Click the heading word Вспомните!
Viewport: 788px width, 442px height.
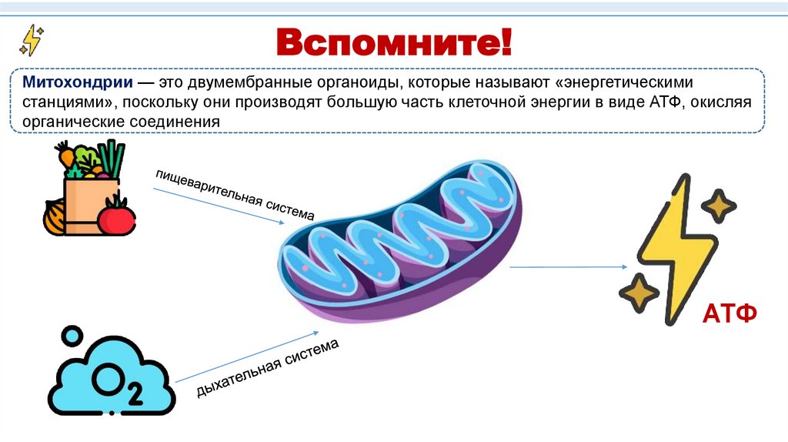pos(394,42)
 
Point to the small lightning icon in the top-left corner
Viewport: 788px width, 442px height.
pos(32,40)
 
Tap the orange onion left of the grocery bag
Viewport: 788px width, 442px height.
pos(55,216)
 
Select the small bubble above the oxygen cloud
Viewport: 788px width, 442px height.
pos(72,336)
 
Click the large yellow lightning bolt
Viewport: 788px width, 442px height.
pos(677,246)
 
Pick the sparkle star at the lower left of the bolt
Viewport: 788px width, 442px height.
pos(639,293)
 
